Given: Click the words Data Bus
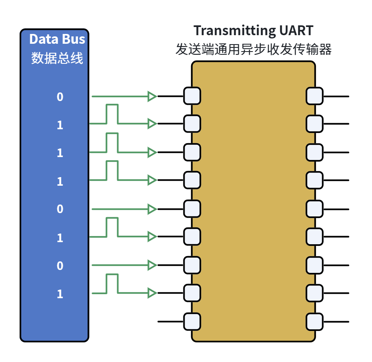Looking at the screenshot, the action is (57, 39).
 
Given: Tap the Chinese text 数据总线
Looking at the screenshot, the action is (57, 58).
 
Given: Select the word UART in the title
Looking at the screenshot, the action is (296, 30).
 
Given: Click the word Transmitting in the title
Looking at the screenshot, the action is (235, 31).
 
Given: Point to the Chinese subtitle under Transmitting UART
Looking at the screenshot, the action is (254, 49).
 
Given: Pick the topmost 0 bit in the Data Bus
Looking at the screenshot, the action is (60, 97).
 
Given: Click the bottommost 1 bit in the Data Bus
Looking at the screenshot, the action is (60, 294).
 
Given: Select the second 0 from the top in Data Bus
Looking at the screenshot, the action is (60, 209).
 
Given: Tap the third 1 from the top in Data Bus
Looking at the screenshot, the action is (60, 181).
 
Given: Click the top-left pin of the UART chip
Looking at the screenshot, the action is (192, 96).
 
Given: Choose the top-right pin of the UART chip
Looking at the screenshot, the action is (314, 96).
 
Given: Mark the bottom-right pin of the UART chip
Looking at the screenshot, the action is (314, 322).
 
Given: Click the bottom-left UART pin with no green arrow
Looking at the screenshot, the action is (192, 322).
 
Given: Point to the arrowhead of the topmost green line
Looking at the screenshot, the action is (152, 96).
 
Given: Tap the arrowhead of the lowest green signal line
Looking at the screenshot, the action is (152, 293).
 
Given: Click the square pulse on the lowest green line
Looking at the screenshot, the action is (112, 275).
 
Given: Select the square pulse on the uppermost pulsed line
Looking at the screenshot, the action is (112, 105).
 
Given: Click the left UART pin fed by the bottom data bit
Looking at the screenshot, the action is (192, 293).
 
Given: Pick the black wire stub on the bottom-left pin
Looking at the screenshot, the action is (171, 322).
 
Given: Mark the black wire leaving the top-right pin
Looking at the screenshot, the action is (336, 97).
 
